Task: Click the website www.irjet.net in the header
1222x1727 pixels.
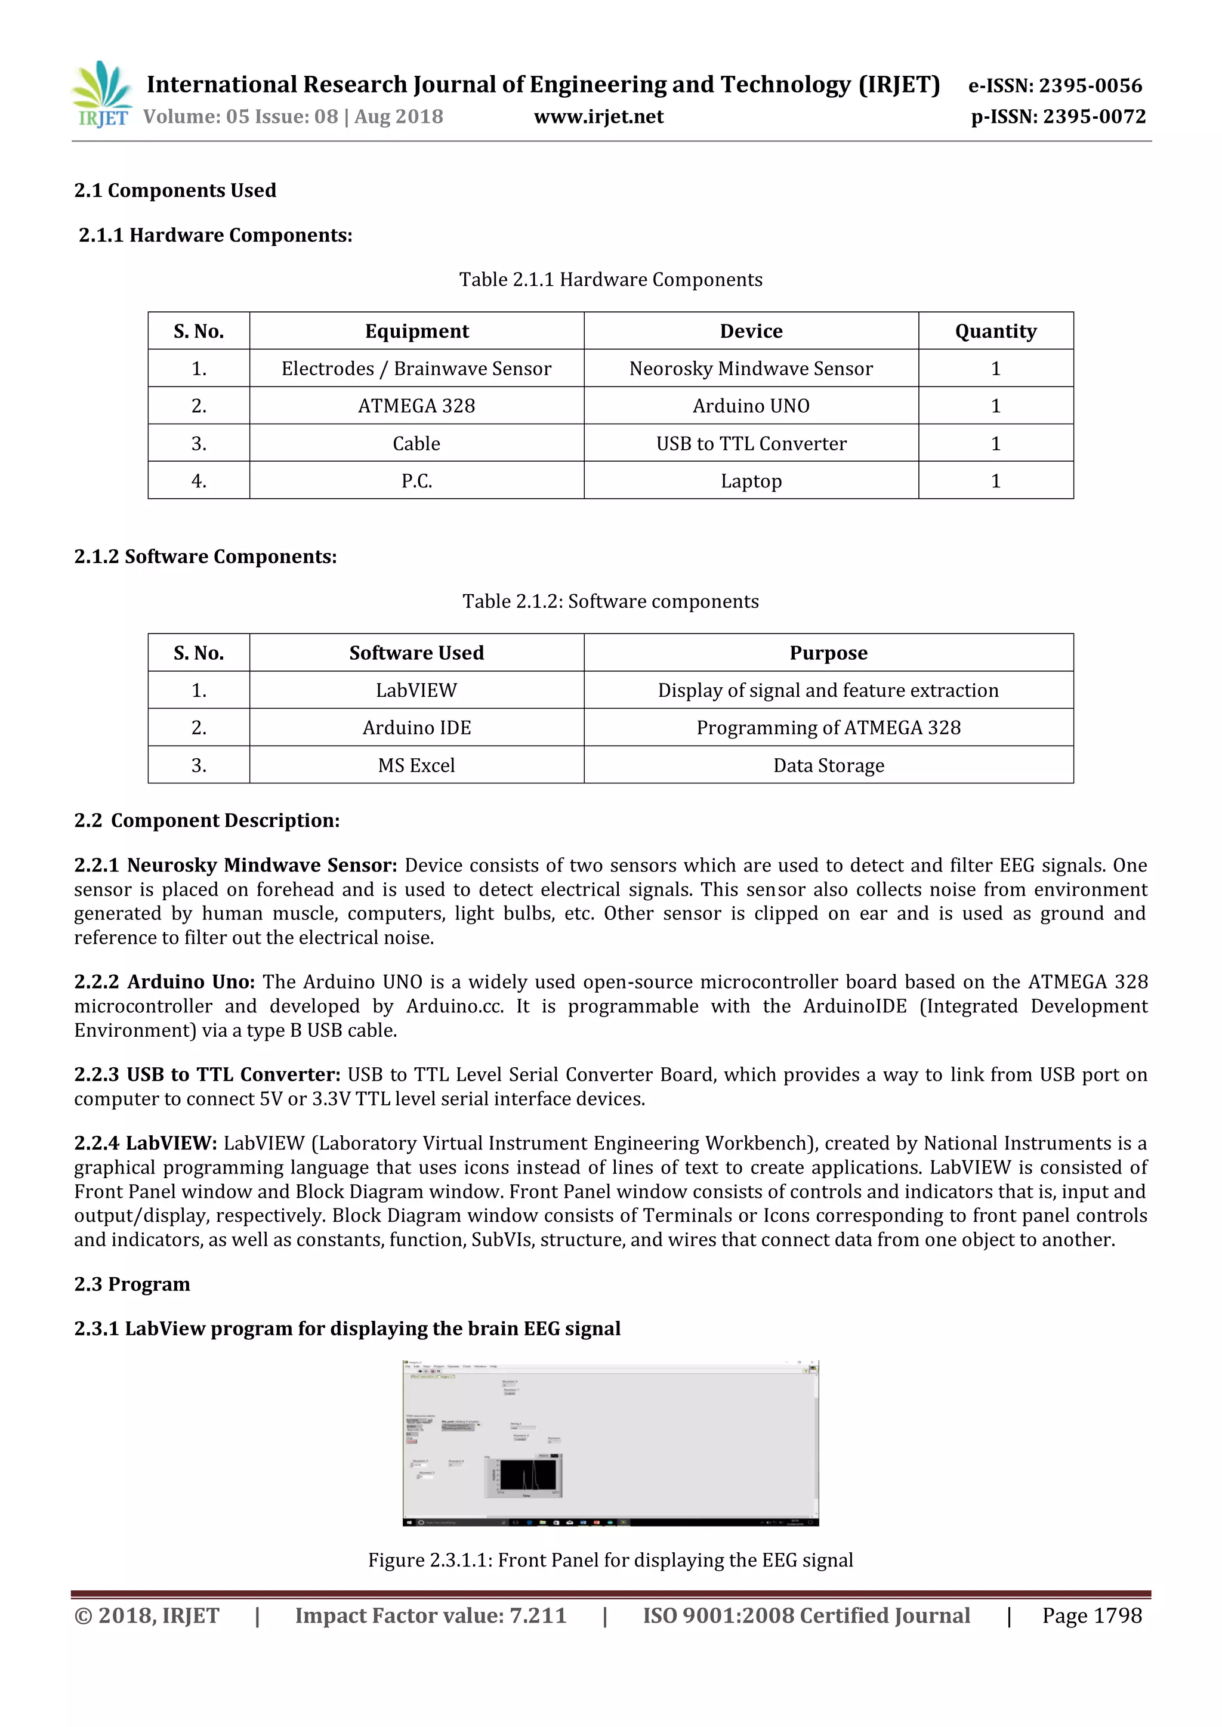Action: [598, 116]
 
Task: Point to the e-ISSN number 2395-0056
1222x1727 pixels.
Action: [1055, 86]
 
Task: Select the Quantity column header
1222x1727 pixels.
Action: [995, 331]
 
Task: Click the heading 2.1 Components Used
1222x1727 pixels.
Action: [175, 190]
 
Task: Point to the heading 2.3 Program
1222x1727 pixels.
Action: [132, 1283]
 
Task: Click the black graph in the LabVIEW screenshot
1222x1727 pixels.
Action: [527, 1475]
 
